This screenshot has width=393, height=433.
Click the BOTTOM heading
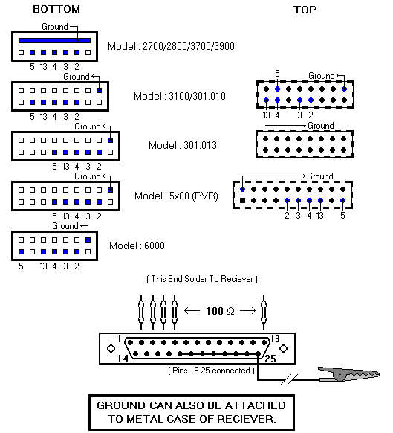coord(56,9)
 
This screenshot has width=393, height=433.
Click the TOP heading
coord(305,10)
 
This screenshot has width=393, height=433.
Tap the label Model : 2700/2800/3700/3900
coord(171,46)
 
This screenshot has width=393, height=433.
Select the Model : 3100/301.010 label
coord(180,96)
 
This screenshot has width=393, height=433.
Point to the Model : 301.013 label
coord(183,145)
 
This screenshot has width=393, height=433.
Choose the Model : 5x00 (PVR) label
coord(176,196)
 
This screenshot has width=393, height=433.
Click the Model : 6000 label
coord(137,246)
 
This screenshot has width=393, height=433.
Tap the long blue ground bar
coord(55,41)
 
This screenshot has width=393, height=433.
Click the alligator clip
coord(349,374)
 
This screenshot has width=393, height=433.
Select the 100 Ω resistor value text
coord(220,311)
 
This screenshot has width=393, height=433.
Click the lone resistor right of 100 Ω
coord(264,312)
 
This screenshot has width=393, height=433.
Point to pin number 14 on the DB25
coord(123,359)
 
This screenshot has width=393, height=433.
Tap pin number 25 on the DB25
coord(270,359)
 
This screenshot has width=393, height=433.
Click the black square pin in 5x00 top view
coord(242,200)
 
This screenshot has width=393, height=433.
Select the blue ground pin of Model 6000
coord(88,240)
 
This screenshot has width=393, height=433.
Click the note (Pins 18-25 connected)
coord(211,371)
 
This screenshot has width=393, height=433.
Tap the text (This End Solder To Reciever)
coord(202,279)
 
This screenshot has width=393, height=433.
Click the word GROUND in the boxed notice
coord(120,405)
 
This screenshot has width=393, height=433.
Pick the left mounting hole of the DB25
coord(111,348)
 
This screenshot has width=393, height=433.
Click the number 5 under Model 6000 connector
coord(21,266)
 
